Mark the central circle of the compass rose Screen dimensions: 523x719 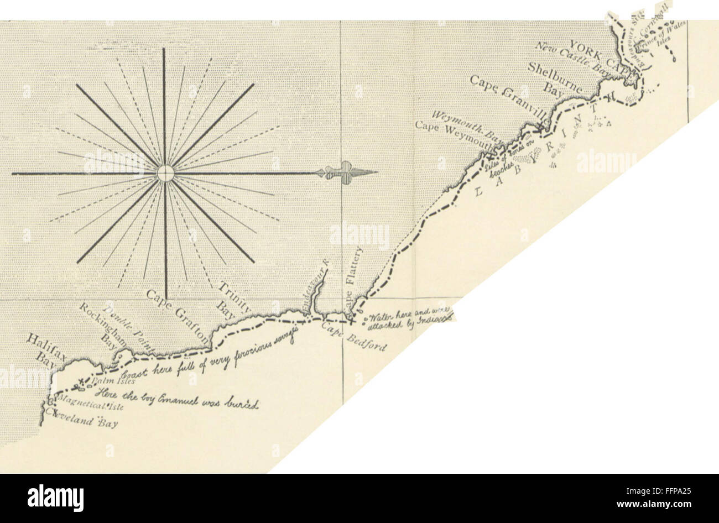(165, 174)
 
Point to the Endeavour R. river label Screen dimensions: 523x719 (317, 290)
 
